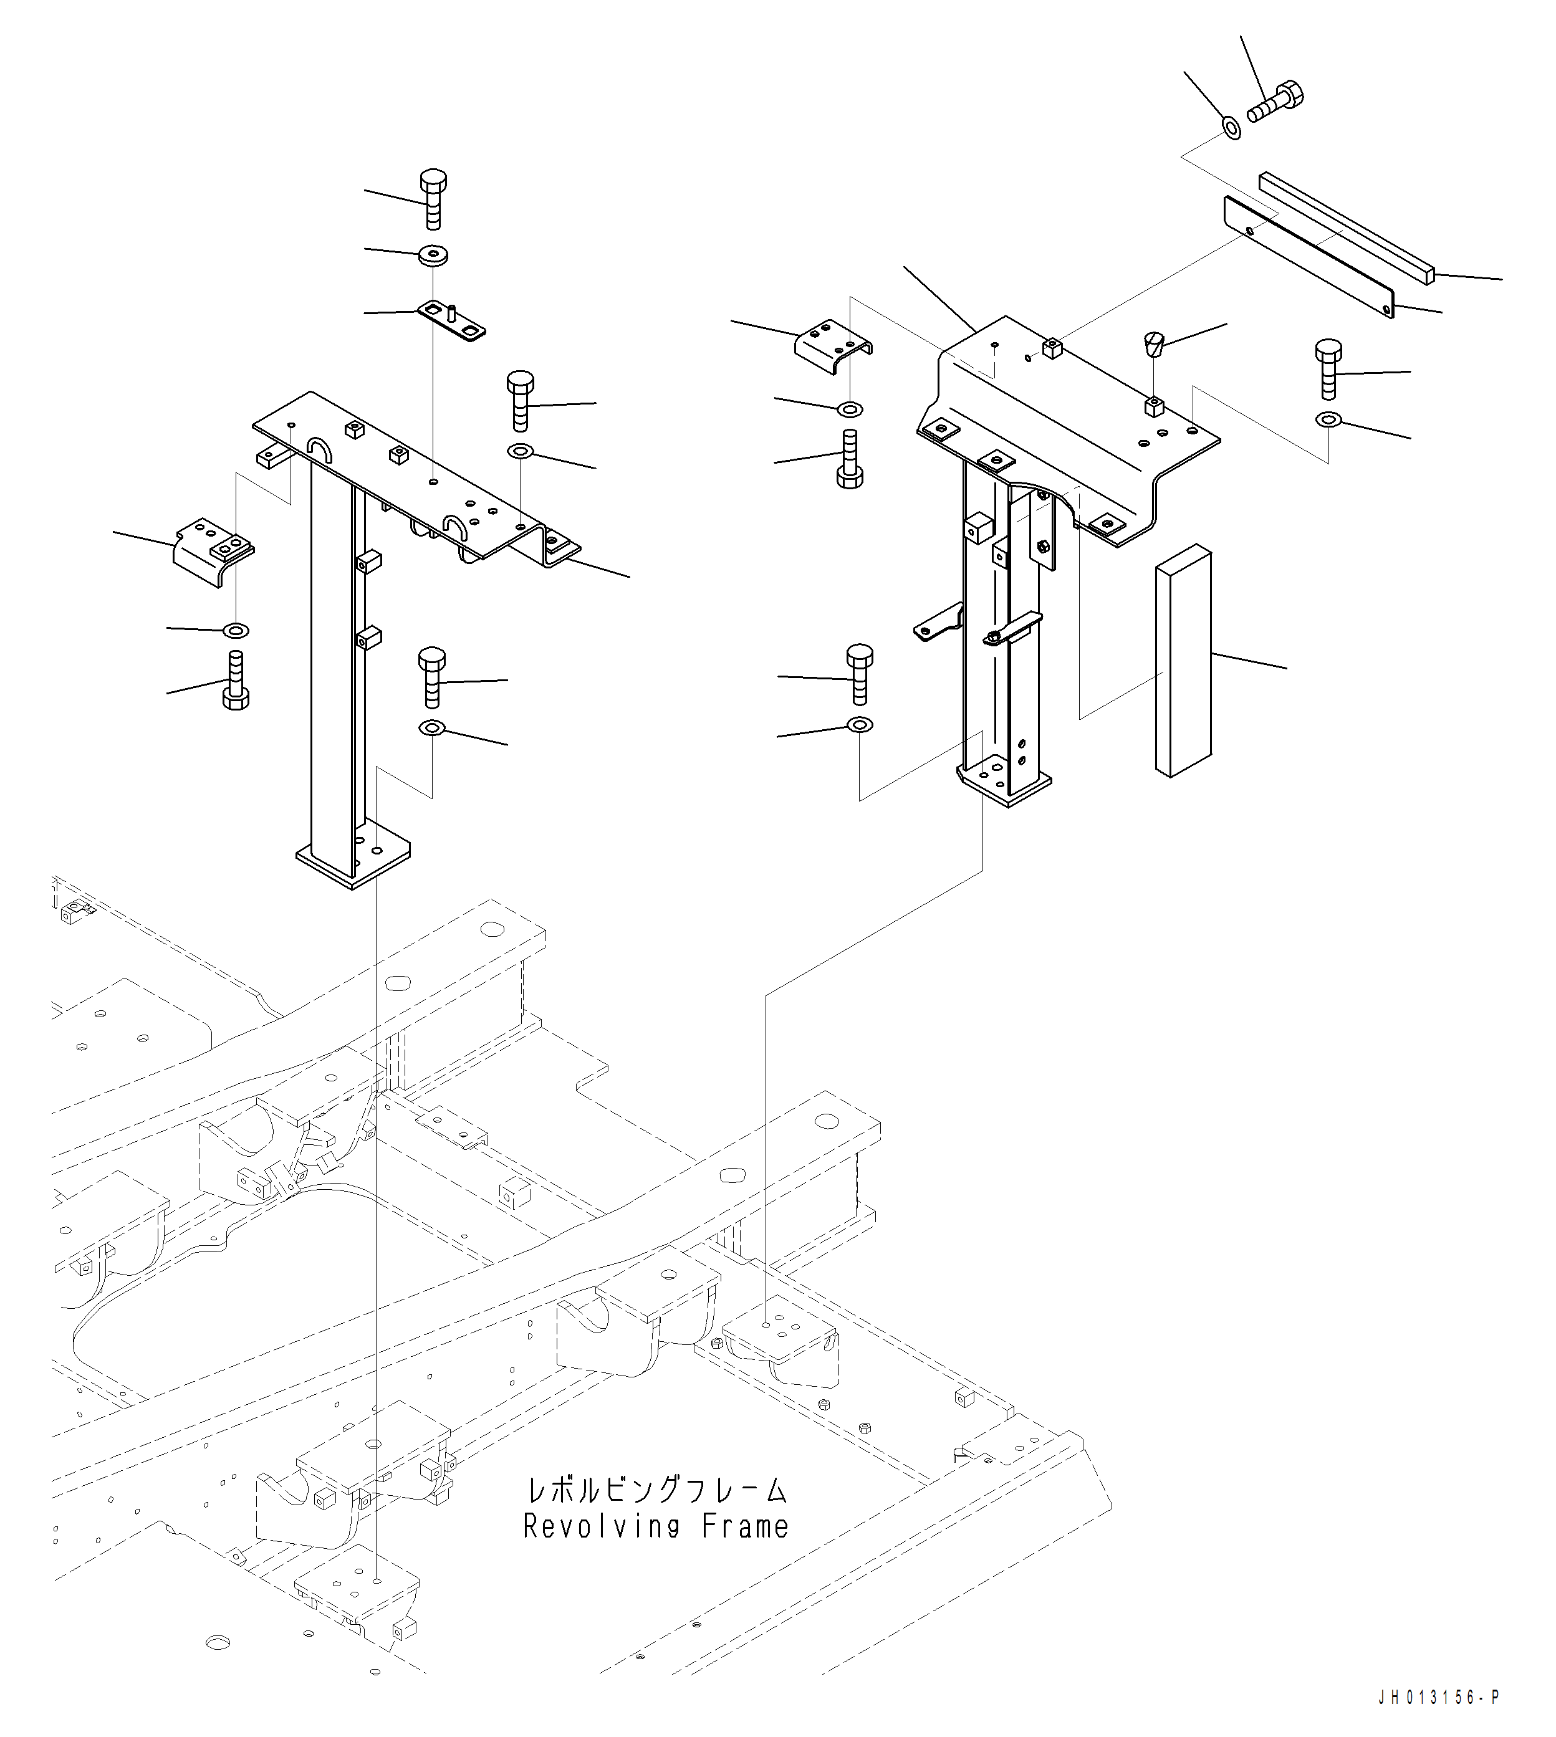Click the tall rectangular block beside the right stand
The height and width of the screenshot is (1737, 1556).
pos(1183,663)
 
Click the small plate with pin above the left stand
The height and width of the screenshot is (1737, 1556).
pos(451,320)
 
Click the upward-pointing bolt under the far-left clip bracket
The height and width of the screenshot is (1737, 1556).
pos(235,681)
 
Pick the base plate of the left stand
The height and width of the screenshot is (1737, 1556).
pos(353,859)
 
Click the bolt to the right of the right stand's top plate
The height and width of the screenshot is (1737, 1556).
pos(1328,368)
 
